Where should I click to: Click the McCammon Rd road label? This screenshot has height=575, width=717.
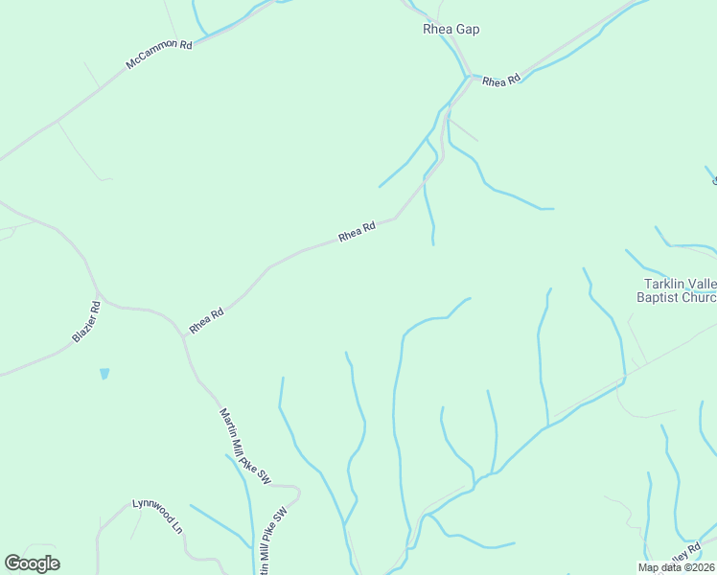coord(159,56)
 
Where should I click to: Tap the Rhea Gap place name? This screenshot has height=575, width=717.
coord(451,30)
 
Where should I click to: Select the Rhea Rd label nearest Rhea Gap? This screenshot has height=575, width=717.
coord(500,81)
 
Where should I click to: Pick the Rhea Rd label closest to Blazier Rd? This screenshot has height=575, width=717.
coord(206,320)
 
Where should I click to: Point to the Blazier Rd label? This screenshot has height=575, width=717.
coord(86,322)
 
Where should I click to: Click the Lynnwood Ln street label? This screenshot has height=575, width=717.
coord(157,516)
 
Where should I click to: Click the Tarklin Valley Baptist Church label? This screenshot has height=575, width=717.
coord(678,290)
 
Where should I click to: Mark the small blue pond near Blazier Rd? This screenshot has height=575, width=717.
coord(104,374)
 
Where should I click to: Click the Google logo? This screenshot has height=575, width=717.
coord(32,563)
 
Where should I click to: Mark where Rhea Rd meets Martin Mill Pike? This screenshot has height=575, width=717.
coord(183,335)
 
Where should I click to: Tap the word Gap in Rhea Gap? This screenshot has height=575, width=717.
coord(467,30)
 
